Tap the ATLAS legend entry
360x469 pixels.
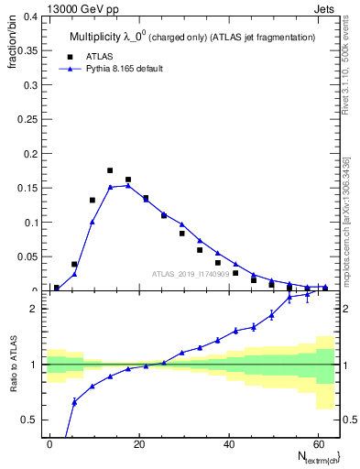tap(98, 55)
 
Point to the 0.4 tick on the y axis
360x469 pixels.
tap(30, 16)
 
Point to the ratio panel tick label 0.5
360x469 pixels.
tap(30, 420)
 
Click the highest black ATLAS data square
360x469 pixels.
tap(110, 170)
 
